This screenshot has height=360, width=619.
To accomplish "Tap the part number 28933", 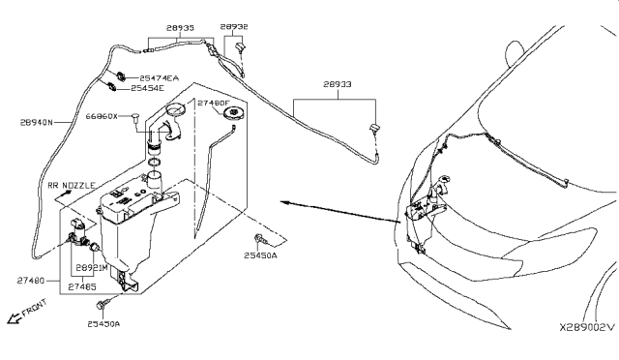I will click(338, 85).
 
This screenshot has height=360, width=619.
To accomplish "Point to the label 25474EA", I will click(160, 77).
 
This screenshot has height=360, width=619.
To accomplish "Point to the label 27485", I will click(82, 286).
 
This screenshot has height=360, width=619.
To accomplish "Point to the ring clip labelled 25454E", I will click(113, 87).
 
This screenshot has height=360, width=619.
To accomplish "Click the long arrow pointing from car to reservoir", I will click(339, 212).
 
